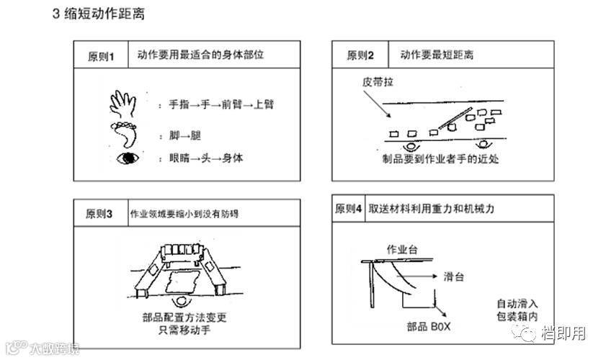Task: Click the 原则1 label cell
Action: [x=102, y=55]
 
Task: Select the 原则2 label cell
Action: [x=360, y=55]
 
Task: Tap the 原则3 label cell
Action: [x=99, y=213]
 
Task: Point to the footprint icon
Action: [x=124, y=135]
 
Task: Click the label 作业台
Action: [x=403, y=249]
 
